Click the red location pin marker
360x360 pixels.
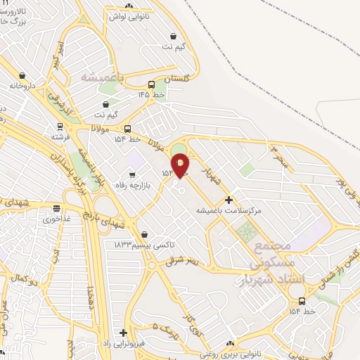coord(181,165)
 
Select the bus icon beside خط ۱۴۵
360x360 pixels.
coord(152,85)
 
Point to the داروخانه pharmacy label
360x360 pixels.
coord(22,85)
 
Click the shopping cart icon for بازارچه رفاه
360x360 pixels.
coord(131,174)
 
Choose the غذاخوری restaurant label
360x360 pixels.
coord(59,219)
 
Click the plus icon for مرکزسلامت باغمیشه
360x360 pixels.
coord(228,200)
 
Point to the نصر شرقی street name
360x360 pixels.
coord(184,262)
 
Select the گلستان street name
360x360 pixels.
coord(176,79)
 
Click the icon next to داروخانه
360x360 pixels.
coord(22,75)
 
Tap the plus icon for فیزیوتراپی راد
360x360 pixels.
coord(124,333)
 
